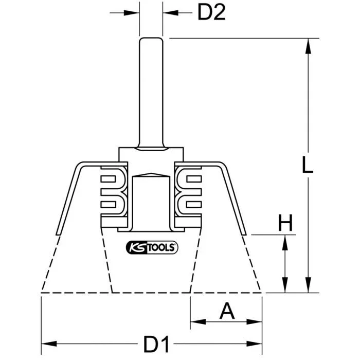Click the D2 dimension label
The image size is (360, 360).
(211, 13)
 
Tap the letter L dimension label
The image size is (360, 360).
(308, 165)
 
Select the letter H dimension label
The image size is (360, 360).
(285, 223)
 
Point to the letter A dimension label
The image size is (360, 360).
(227, 311)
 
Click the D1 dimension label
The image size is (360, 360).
(156, 344)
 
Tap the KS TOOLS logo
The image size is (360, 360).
(152, 247)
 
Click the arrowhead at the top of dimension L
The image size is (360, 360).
(308, 46)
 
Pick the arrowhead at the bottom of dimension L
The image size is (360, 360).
(308, 285)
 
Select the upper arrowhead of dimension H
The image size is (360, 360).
(285, 243)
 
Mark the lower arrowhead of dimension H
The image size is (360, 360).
(285, 285)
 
